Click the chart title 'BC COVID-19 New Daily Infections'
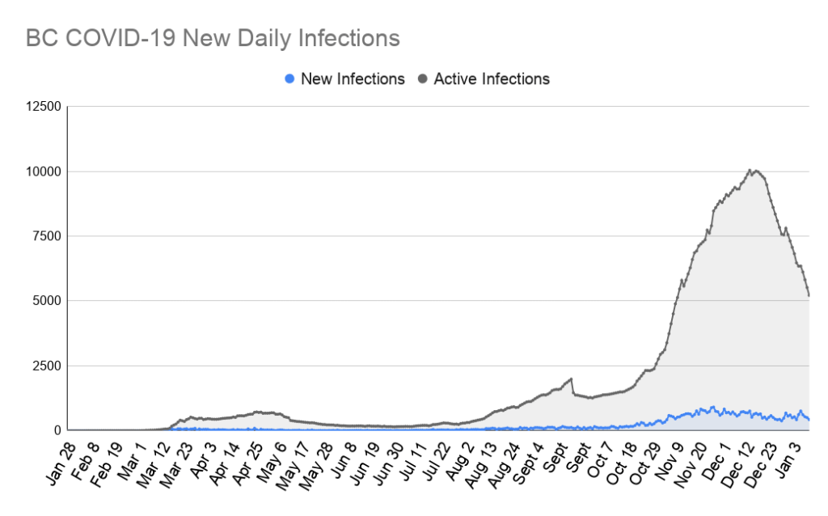(213, 38)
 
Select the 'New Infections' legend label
(353, 79)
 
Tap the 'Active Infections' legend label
(492, 79)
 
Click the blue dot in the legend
(289, 79)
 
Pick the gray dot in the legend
(423, 79)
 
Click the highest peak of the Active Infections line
(750, 170)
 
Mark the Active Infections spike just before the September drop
(572, 379)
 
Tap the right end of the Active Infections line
(809, 295)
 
